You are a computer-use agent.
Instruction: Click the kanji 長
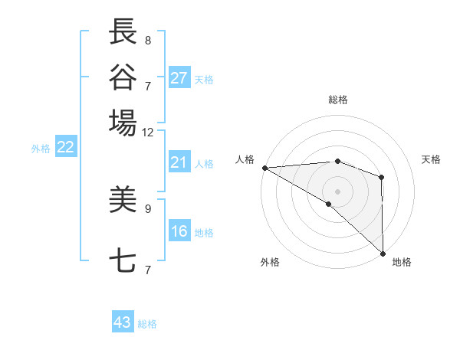(x=123, y=32)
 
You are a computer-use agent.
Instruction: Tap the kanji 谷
(x=123, y=77)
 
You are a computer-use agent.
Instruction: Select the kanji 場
(x=123, y=123)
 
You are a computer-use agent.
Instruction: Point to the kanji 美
(x=123, y=200)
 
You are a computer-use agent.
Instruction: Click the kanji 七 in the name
(x=123, y=261)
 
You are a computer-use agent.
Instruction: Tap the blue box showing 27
(x=179, y=78)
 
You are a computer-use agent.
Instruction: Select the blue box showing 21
(x=179, y=162)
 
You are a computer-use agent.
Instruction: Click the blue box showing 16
(x=179, y=231)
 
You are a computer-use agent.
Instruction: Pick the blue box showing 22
(x=65, y=148)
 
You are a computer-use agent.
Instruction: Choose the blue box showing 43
(x=123, y=322)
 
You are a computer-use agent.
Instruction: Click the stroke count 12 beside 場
(x=148, y=132)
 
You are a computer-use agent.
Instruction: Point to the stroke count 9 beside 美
(x=148, y=208)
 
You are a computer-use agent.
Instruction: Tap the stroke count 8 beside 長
(x=148, y=39)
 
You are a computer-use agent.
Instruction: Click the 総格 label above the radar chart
(x=337, y=100)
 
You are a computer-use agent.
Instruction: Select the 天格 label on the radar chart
(x=431, y=159)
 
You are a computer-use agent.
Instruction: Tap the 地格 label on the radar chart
(x=402, y=262)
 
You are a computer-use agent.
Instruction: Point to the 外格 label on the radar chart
(x=270, y=262)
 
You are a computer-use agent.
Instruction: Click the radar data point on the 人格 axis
(x=264, y=167)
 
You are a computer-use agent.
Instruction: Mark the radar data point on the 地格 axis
(x=382, y=253)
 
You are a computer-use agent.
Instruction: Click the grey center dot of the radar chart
(x=337, y=191)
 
